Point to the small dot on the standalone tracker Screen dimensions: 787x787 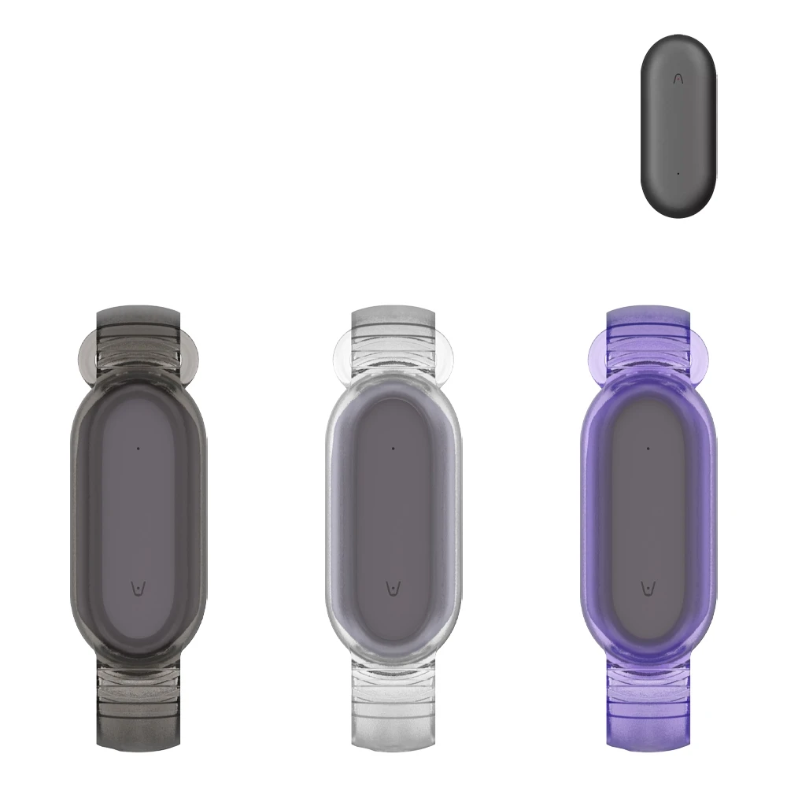(678, 173)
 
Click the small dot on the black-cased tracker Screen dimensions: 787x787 (138, 449)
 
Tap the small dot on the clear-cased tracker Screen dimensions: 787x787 (393, 449)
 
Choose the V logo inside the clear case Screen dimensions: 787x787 (392, 588)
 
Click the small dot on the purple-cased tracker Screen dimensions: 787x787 (648, 449)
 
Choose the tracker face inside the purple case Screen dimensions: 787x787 (648, 519)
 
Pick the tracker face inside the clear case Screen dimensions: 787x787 (393, 519)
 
